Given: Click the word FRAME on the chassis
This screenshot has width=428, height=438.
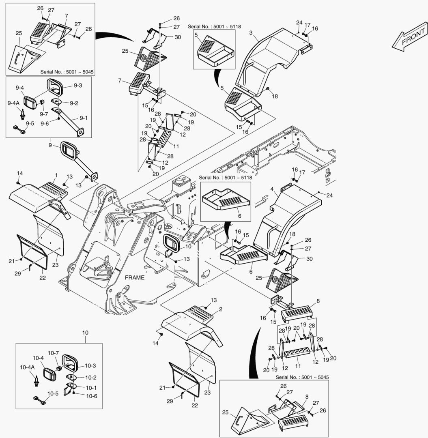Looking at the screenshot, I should [x=135, y=278].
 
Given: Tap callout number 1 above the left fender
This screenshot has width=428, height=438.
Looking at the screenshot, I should [x=56, y=175].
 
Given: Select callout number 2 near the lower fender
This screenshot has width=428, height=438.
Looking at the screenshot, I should [x=220, y=309].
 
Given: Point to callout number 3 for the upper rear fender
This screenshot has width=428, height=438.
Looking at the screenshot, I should [x=251, y=32].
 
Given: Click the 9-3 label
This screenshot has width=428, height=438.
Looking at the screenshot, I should [x=77, y=86].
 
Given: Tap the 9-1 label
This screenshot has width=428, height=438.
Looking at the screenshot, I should [x=84, y=118].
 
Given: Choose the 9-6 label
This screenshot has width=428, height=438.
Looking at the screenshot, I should [x=45, y=124].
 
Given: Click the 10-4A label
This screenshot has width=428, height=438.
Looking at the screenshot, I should [x=28, y=367].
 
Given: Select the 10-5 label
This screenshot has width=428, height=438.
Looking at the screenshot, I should [x=53, y=393].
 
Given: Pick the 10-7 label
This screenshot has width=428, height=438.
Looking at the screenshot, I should [x=54, y=353].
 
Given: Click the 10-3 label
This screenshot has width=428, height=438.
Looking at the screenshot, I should [x=90, y=366].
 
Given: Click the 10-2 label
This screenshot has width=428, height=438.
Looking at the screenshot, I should [x=90, y=377].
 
